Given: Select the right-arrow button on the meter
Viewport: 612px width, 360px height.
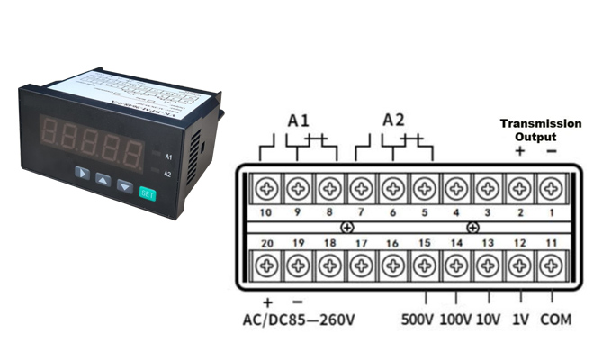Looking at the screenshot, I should [82, 172].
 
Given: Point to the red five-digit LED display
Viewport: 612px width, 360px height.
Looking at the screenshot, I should [94, 139].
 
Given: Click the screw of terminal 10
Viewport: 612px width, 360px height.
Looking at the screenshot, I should [266, 189].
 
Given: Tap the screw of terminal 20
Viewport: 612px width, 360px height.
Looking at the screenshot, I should [266, 266].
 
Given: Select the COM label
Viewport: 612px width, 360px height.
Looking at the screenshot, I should [555, 319].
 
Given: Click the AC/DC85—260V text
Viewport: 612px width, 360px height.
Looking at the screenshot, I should [300, 319].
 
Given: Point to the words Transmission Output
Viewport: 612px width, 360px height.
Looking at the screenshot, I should [540, 130].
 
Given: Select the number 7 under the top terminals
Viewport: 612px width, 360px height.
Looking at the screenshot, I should [360, 212].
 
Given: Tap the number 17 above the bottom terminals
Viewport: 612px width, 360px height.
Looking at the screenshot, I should [361, 243].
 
